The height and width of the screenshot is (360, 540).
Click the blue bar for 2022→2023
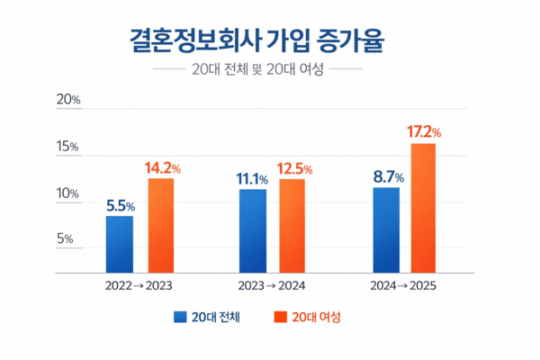[x=120, y=244]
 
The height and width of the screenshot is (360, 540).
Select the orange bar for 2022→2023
[x=160, y=225]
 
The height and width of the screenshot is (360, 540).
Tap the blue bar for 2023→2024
[x=253, y=230]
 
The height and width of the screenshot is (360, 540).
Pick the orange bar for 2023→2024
[x=292, y=225]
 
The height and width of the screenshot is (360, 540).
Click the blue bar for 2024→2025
[x=386, y=229]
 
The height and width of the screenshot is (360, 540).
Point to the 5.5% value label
[x=121, y=205]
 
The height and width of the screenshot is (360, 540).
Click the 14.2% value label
[x=164, y=167]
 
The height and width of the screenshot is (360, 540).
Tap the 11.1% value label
[x=254, y=178]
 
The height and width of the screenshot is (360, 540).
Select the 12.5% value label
[x=294, y=168]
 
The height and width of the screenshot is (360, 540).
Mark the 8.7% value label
[x=388, y=177]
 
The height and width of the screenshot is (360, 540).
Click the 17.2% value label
[x=424, y=132]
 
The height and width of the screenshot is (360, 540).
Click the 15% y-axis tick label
[x=69, y=147]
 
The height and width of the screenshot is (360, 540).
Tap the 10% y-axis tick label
[x=69, y=193]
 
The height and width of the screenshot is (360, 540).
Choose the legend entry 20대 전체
[x=208, y=318]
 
